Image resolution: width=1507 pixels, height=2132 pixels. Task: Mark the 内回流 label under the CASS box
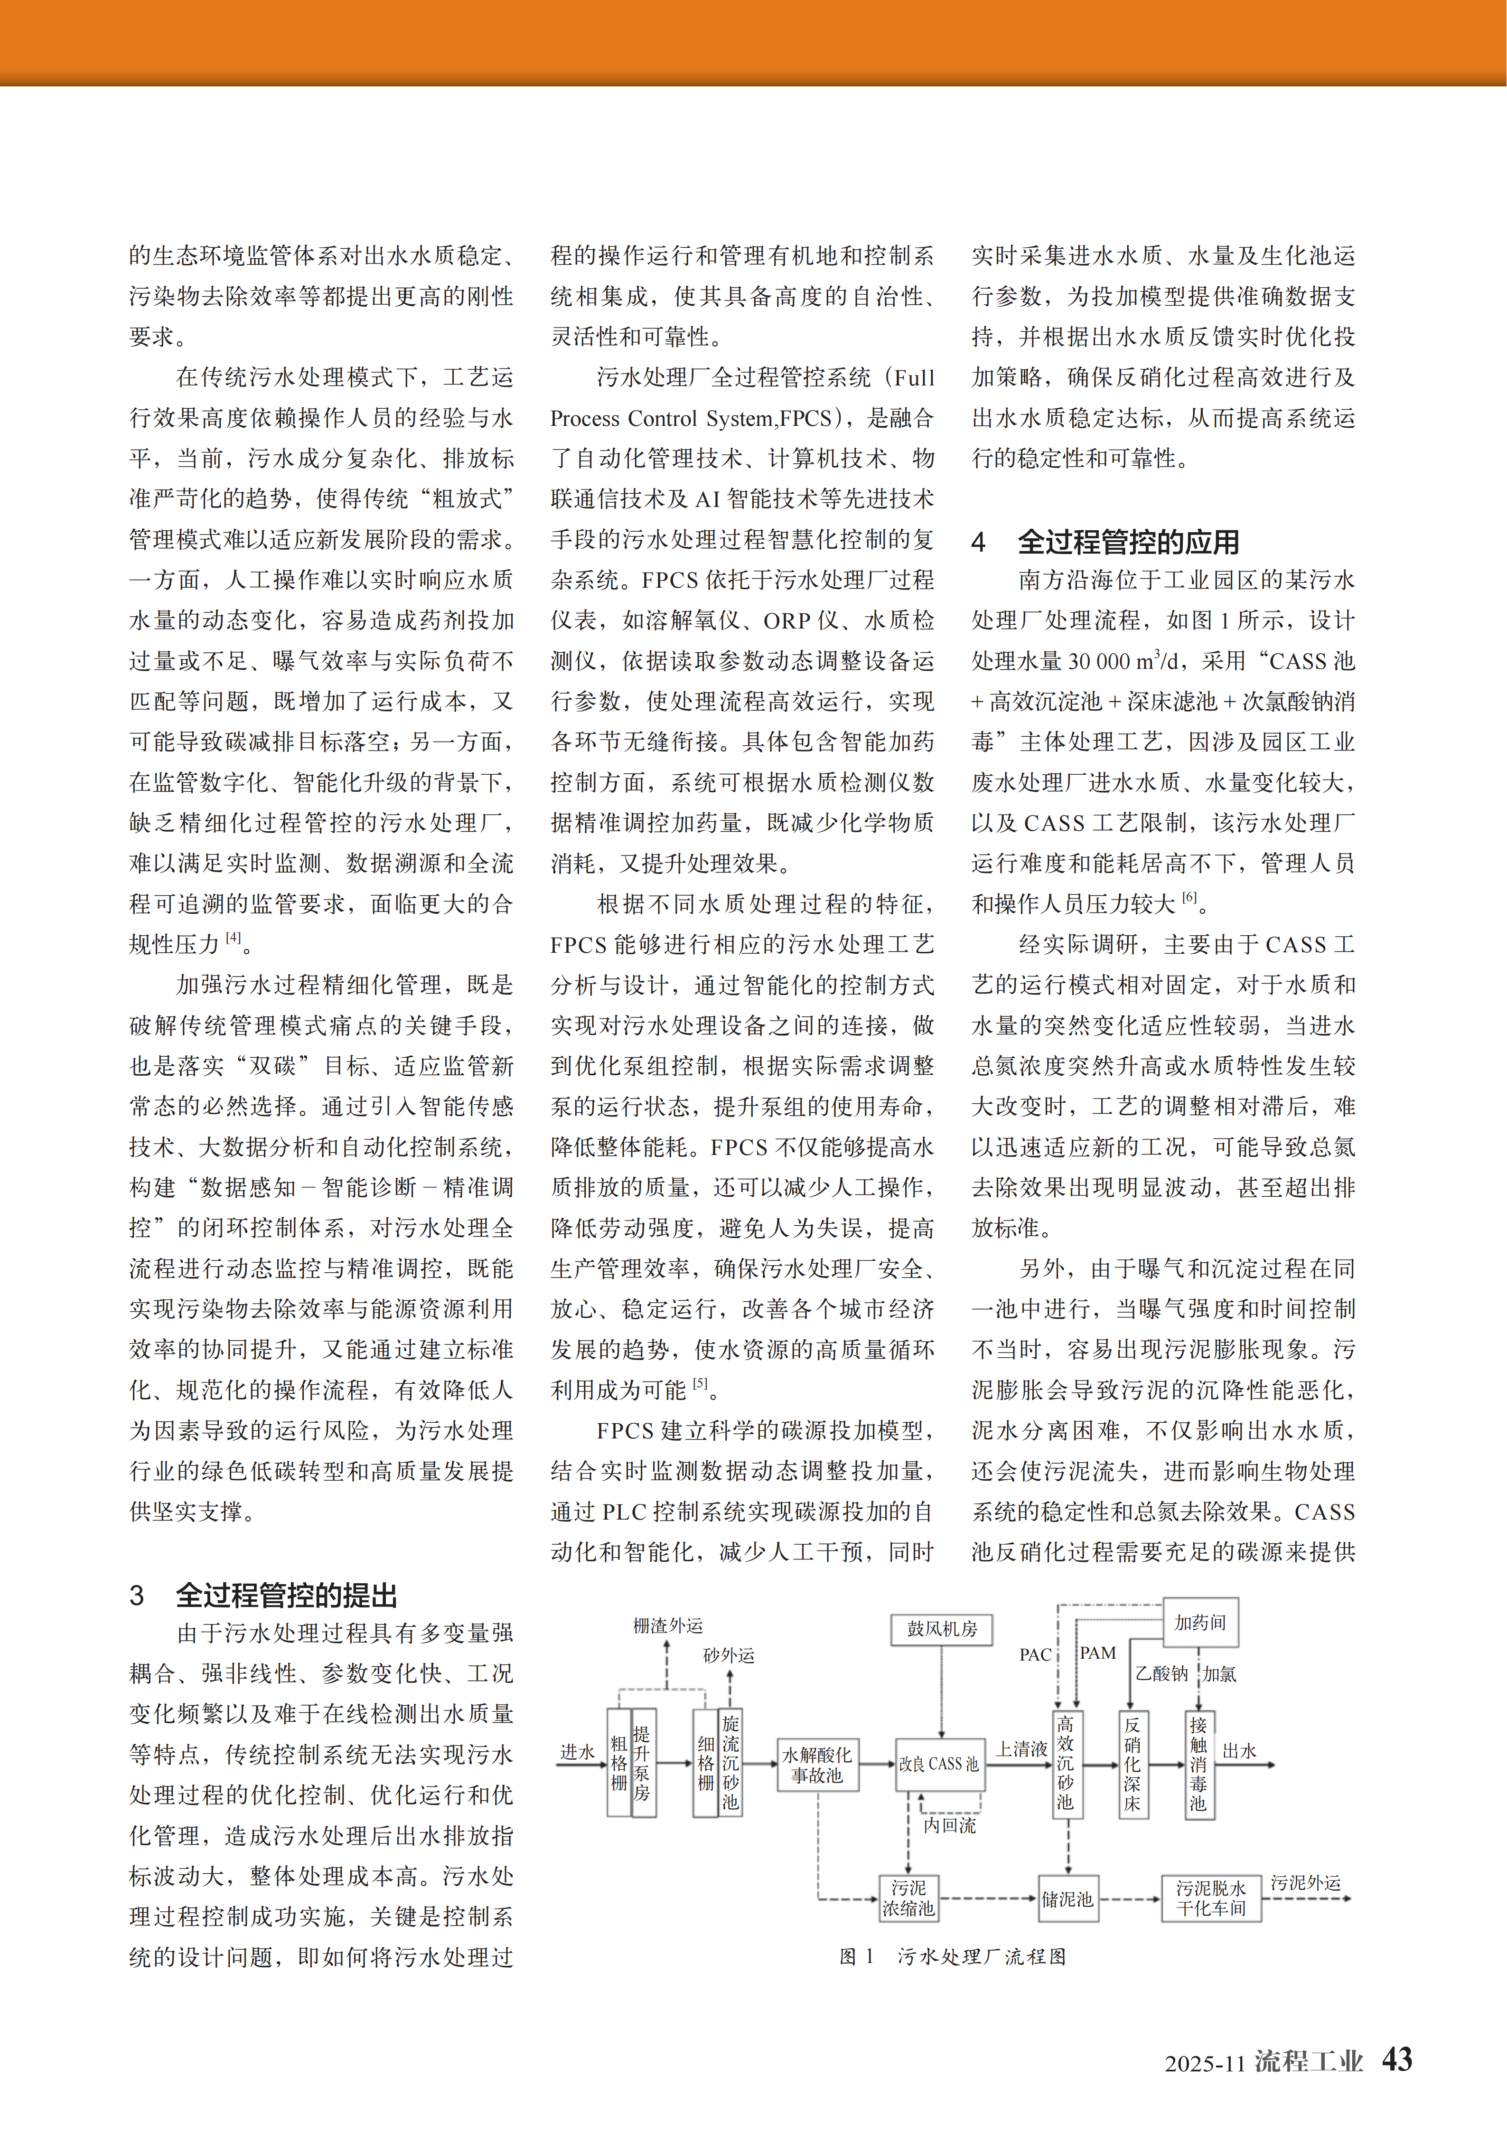click(949, 1826)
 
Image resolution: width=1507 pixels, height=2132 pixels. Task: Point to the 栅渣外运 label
click(668, 1625)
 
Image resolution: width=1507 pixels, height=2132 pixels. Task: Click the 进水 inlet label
click(577, 1751)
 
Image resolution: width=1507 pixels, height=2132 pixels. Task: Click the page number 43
click(1396, 2059)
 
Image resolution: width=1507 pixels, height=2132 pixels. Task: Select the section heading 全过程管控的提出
click(287, 1595)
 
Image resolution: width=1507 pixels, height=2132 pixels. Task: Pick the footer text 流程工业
click(1308, 2061)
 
